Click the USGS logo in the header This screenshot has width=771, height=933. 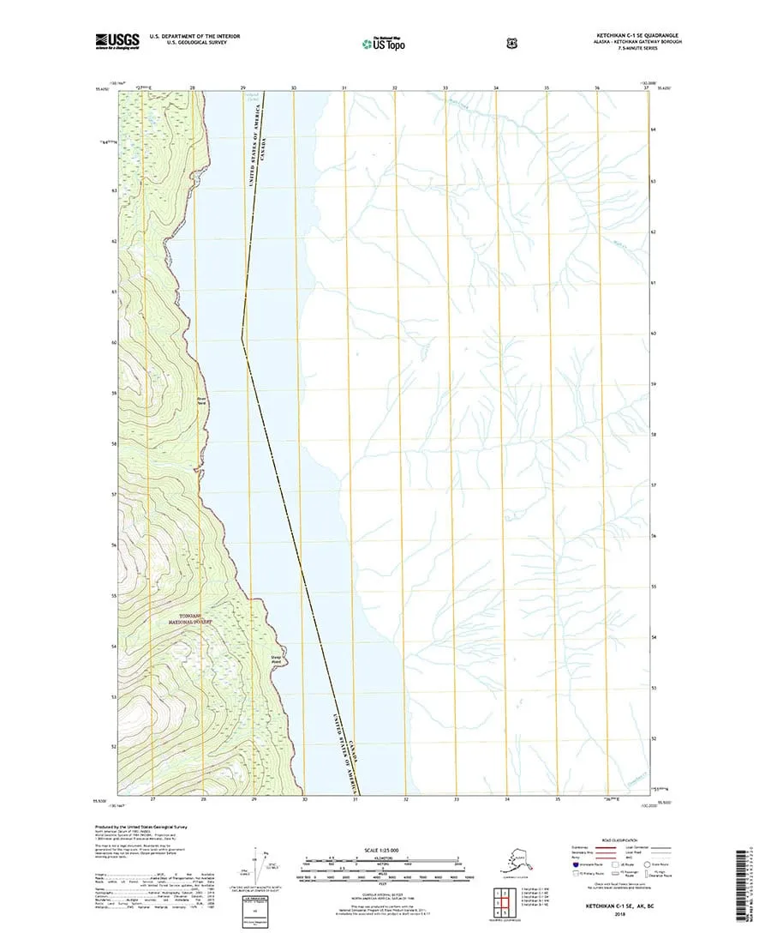(x=117, y=39)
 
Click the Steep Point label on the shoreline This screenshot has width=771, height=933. (x=277, y=659)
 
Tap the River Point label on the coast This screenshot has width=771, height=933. (x=203, y=400)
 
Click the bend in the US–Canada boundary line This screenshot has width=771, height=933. (x=242, y=341)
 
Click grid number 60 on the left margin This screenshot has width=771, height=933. (x=113, y=342)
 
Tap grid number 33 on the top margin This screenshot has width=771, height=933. (x=445, y=88)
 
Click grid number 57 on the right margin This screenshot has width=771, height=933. (x=654, y=485)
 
